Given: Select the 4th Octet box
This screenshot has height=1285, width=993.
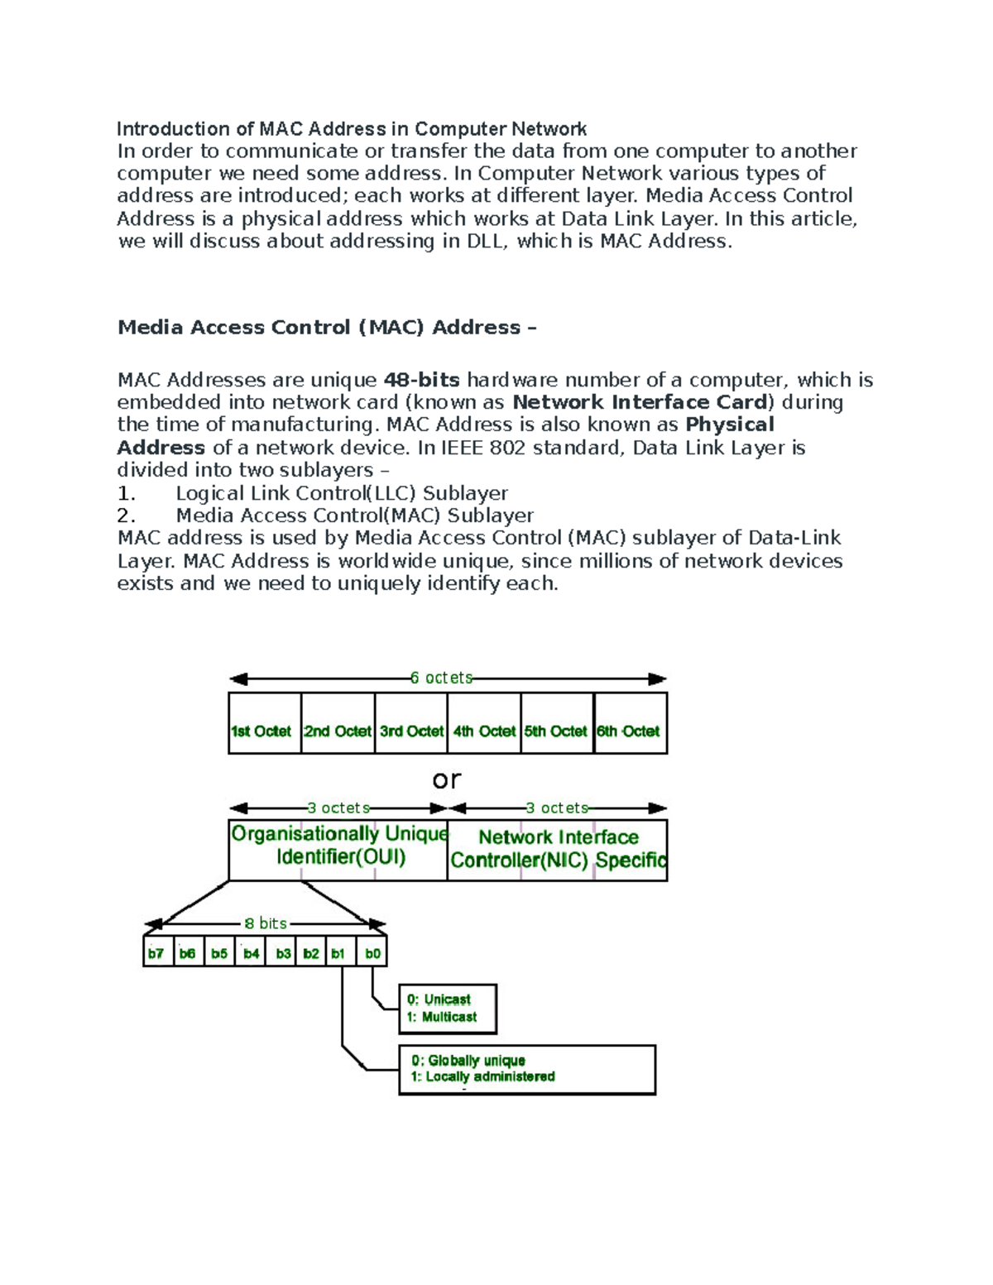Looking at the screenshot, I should (x=484, y=724).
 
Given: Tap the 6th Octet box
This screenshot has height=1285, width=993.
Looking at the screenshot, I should (x=631, y=724).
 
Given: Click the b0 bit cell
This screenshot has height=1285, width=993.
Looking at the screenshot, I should (x=372, y=952).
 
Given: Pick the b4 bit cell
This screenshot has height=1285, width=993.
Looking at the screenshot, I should (x=251, y=952).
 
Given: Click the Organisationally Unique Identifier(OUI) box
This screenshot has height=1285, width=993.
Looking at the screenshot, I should (x=338, y=850).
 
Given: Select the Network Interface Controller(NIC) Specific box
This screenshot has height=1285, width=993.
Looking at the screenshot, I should (x=557, y=850).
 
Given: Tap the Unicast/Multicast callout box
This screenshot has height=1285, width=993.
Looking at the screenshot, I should (x=448, y=1009).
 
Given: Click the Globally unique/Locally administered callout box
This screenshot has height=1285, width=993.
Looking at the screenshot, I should (x=527, y=1069).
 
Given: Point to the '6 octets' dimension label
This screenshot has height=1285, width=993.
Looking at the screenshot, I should (x=441, y=678).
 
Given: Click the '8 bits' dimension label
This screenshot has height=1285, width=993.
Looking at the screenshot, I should (x=265, y=923).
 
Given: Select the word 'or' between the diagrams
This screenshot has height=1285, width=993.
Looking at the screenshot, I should (x=446, y=779).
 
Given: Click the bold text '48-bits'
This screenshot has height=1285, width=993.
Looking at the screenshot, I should (x=421, y=380).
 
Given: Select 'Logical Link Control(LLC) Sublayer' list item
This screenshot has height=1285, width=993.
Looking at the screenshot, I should (x=342, y=493).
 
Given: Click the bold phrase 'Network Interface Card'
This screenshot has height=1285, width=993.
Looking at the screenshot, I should (x=640, y=402).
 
